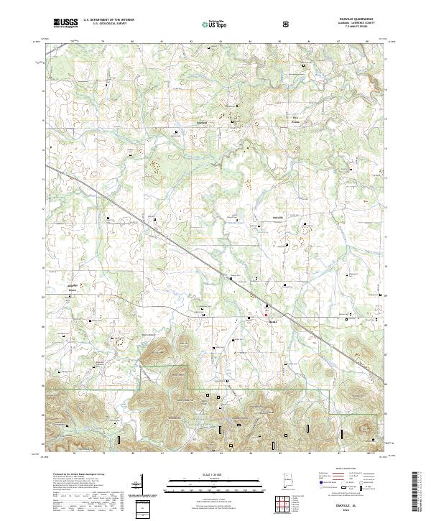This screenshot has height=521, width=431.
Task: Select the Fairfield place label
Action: pyautogui.click(x=202, y=123)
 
